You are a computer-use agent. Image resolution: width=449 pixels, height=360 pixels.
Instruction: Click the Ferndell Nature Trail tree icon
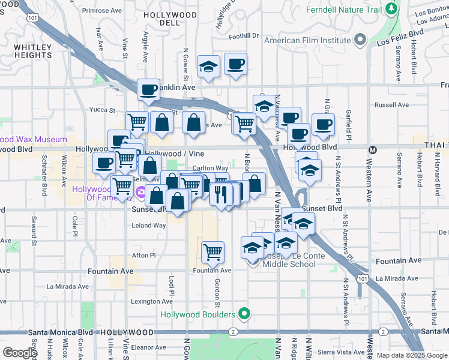coord(391,9)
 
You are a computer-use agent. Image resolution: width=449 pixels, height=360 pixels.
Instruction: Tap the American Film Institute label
coord(307,40)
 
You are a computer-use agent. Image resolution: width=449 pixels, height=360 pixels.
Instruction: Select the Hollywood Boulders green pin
coord(244,314)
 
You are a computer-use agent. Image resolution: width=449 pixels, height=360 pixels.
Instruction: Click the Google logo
coord(20,353)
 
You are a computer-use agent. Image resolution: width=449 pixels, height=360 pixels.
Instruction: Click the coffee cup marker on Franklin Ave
coord(148,90)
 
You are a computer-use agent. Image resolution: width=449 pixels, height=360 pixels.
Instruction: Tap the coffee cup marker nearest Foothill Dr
coord(235,64)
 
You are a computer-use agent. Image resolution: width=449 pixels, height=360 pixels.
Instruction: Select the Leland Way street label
coord(149,226)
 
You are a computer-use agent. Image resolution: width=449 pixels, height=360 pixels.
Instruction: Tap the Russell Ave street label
coord(391,104)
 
